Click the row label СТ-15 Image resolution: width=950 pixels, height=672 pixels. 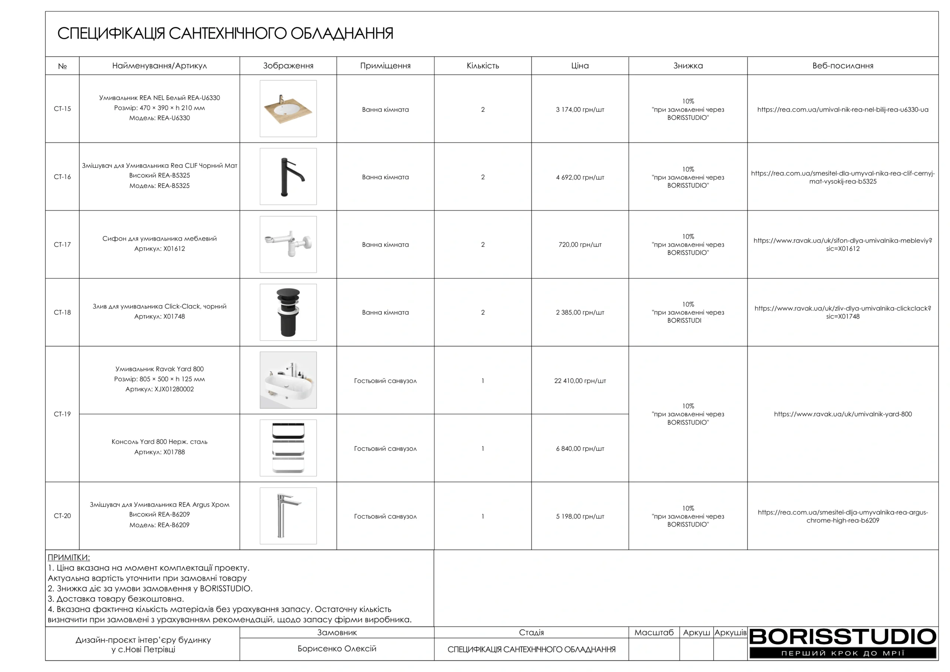pos(62,109)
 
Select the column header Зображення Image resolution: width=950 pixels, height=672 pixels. pos(288,66)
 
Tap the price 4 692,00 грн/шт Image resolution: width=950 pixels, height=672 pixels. pos(580,177)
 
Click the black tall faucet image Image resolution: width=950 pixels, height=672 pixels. pos(288,177)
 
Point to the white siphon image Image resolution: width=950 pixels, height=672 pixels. pos(288,244)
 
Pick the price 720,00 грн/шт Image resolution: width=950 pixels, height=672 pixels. pos(580,245)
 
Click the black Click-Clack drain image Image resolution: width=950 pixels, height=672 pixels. pos(288,312)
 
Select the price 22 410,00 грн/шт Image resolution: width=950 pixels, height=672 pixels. pos(580,381)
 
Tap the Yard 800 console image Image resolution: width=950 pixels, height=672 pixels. pos(288,448)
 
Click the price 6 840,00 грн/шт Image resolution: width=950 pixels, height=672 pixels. pos(580,449)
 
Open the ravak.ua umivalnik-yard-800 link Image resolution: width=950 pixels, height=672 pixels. pos(842,414)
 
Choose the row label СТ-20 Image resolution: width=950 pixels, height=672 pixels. pos(62,516)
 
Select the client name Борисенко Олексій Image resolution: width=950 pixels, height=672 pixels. pos(337,649)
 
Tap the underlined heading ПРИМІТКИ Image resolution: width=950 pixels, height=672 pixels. pos(69,557)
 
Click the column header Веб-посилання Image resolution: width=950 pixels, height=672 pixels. pos(842,66)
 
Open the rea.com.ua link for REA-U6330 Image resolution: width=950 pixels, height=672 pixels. pos(842,110)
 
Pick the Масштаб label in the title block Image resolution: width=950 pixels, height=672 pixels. pos(654,633)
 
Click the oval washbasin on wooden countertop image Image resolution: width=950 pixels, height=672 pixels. pos(288,109)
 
